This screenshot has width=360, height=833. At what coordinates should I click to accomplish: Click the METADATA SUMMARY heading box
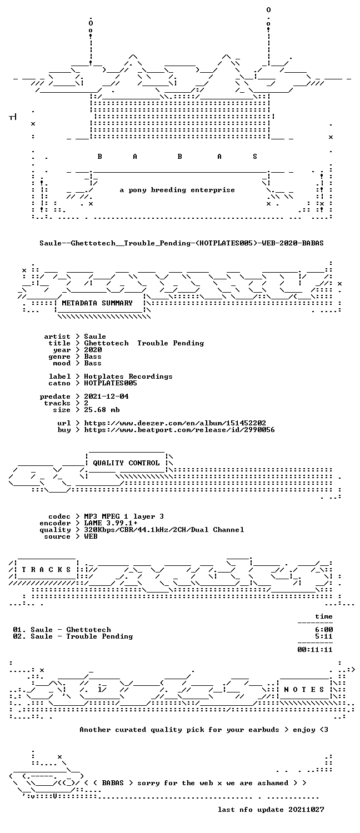click(x=97, y=303)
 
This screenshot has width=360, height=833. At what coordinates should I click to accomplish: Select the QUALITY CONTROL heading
click(x=126, y=463)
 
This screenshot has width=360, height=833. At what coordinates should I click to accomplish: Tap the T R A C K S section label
click(x=46, y=570)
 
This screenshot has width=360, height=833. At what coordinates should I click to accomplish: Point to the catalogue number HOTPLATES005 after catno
click(x=111, y=383)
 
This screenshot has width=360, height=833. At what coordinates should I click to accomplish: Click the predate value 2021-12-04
click(x=106, y=397)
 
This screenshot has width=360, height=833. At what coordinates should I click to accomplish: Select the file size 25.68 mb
click(x=102, y=410)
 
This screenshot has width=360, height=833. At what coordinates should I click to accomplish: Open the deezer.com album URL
click(x=175, y=423)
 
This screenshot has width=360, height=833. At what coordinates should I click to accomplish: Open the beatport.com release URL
click(x=179, y=430)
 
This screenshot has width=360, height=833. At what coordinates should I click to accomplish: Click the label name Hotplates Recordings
click(x=128, y=377)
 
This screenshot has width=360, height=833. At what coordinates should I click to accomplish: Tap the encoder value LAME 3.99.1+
click(x=111, y=523)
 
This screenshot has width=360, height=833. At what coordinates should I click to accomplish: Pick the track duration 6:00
click(x=324, y=630)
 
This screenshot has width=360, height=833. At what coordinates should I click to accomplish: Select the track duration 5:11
click(x=324, y=636)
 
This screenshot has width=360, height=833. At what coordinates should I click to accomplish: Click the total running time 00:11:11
click(x=315, y=650)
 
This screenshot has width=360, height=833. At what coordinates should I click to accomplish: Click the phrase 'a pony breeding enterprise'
click(x=177, y=190)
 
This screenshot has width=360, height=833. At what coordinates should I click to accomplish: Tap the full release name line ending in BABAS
click(x=182, y=243)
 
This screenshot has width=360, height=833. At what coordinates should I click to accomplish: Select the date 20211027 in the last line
click(x=306, y=810)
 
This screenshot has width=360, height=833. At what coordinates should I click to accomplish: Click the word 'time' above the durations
click(x=324, y=616)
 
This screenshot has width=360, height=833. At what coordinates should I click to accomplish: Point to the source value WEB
click(x=91, y=536)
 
